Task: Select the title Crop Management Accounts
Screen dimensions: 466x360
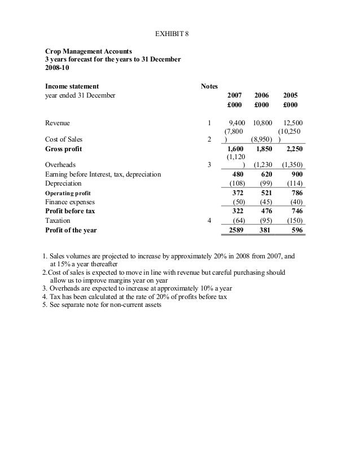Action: [88, 51]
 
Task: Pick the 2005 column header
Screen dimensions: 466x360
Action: [291, 96]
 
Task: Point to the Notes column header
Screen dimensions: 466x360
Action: [209, 86]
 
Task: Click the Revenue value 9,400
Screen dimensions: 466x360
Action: [235, 122]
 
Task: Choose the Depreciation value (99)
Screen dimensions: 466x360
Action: [264, 183]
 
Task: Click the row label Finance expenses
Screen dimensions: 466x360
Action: [70, 202]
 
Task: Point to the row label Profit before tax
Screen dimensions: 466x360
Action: [70, 211]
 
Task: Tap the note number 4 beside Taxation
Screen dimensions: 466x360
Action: [209, 221]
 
